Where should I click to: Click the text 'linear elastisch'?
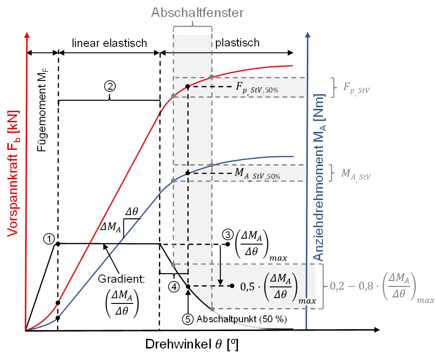tap(109, 43)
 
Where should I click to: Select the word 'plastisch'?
tap(237, 43)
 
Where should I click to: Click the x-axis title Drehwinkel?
tap(193, 345)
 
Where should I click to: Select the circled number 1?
tap(49, 238)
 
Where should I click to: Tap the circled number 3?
tap(227, 234)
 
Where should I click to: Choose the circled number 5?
tap(188, 318)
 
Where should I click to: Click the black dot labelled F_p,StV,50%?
tap(188, 86)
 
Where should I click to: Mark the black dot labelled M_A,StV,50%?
tap(188, 173)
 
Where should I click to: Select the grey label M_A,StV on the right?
tap(354, 174)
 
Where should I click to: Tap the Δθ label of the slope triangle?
tap(133, 212)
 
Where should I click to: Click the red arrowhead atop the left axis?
tap(28, 35)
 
